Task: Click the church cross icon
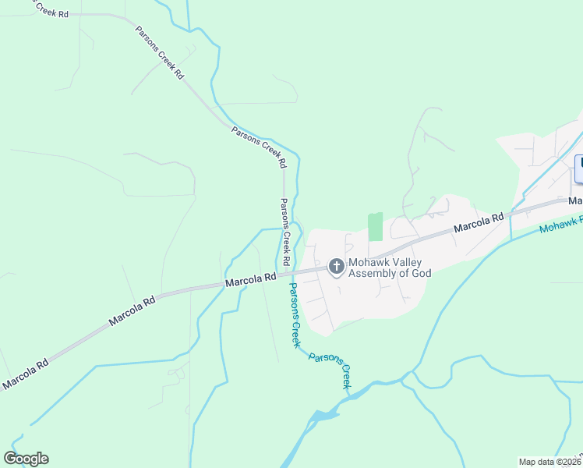[x=337, y=268]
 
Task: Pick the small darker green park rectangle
[x=376, y=226]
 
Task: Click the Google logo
[x=26, y=459]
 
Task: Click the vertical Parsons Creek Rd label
[x=286, y=231]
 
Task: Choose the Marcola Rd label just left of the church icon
[x=251, y=279]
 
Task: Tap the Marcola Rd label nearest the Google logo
[x=24, y=373]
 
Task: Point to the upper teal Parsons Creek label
[x=295, y=314]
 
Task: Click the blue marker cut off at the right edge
[x=579, y=169]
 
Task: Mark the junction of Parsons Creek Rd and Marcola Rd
[x=286, y=273]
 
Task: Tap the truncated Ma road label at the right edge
[x=575, y=200]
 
